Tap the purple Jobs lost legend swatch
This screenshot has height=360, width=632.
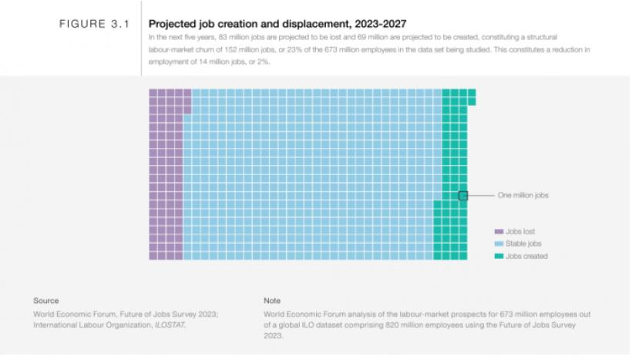point(498,231)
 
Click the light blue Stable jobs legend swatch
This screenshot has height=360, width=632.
point(498,244)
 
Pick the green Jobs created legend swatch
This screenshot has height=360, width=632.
point(498,256)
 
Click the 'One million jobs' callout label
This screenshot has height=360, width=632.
point(523,196)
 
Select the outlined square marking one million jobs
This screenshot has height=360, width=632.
point(463,196)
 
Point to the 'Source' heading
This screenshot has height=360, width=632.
point(45,301)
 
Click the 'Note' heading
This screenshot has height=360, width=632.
point(272,301)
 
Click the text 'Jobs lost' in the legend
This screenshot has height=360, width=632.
point(520,231)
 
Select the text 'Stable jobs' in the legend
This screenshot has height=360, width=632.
point(523,244)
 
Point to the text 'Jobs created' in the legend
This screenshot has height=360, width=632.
point(526,256)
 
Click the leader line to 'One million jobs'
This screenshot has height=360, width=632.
point(479,196)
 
